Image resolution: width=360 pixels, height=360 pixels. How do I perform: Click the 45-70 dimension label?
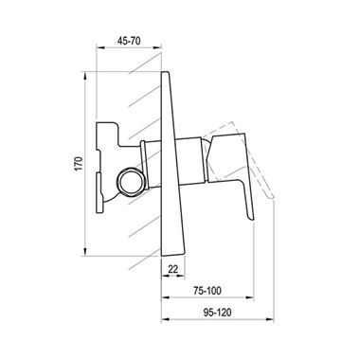(129, 41)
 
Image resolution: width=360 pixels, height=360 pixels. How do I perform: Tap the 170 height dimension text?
(79, 164)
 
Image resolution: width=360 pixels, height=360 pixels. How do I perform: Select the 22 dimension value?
(172, 269)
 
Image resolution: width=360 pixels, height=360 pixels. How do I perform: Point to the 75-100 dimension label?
(207, 291)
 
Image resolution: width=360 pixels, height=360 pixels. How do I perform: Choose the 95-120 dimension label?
(217, 313)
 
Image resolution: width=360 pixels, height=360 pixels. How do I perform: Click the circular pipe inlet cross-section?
(131, 182)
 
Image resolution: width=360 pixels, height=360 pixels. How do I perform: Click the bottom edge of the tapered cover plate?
(173, 255)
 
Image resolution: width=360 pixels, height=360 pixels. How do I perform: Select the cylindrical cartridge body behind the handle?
(189, 160)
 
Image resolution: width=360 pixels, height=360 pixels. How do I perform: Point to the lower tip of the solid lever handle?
(252, 218)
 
